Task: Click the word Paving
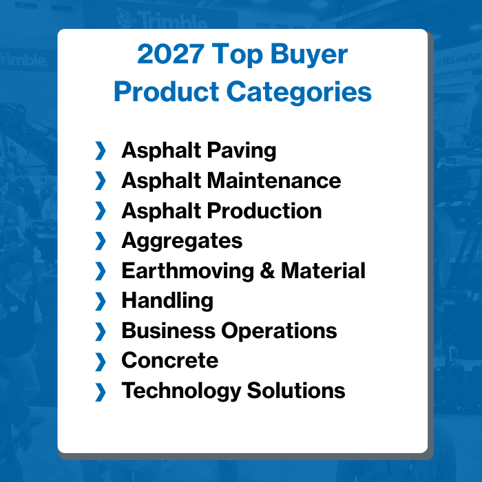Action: tap(243, 150)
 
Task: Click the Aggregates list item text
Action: tap(182, 241)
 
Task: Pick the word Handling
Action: tap(167, 301)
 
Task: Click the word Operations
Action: tap(284, 331)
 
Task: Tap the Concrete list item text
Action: tap(170, 360)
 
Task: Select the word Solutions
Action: tap(296, 390)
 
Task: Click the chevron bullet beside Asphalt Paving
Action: tap(101, 150)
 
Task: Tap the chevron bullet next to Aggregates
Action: tap(101, 241)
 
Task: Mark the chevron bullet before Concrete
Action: tap(101, 361)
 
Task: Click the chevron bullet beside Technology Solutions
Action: tap(101, 391)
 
